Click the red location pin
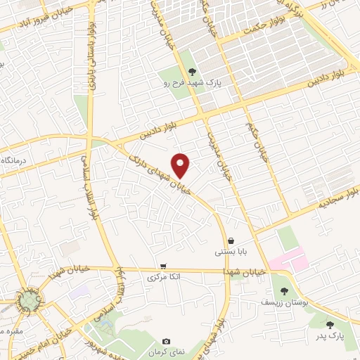coord(181,165)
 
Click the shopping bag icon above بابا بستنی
coord(231,240)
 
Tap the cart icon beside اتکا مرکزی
coord(163,266)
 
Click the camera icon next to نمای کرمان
coord(166,341)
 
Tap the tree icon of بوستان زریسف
coord(284,290)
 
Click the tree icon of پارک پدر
coord(330,324)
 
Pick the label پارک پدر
coord(329,335)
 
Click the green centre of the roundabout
coord(29,302)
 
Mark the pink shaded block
coord(289,262)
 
